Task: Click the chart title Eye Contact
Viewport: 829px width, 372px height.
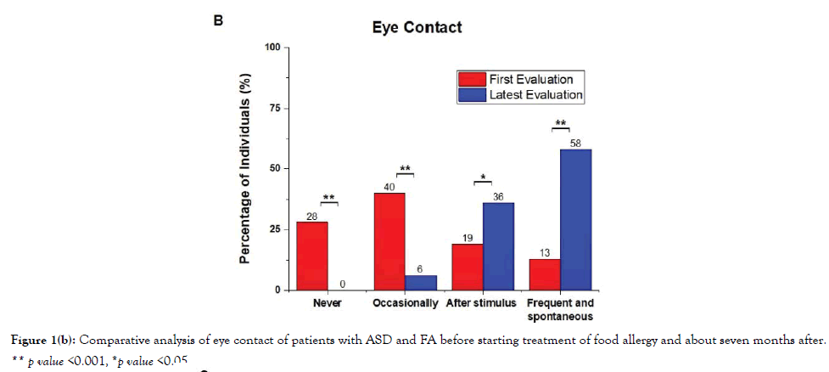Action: (417, 27)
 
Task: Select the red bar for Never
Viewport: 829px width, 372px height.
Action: (311, 256)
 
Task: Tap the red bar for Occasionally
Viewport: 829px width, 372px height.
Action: (389, 241)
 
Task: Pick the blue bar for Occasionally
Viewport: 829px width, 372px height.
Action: (421, 283)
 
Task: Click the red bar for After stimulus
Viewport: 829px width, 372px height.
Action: (468, 267)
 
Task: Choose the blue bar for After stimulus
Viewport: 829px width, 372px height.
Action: (499, 246)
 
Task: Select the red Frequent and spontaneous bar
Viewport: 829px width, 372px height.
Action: (545, 274)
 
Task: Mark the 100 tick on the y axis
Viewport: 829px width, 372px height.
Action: (272, 48)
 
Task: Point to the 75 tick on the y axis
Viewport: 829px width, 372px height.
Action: (275, 109)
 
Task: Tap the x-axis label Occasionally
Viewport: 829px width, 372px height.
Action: (406, 303)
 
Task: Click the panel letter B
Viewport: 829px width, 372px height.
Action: (218, 22)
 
